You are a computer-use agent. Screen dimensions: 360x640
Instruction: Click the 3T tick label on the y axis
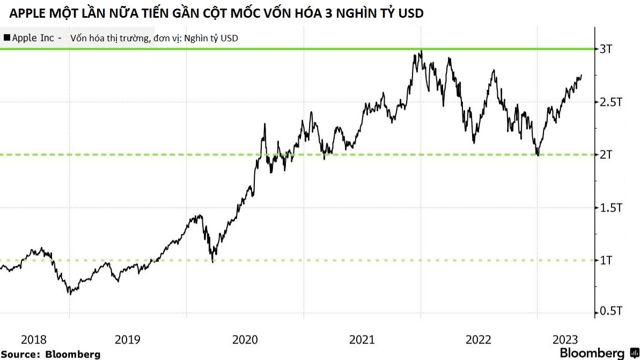[606, 49]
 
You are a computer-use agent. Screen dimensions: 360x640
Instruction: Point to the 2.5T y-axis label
[610, 102]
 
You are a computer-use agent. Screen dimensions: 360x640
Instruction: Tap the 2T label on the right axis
[606, 155]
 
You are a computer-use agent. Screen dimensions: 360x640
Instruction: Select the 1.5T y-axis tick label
[610, 208]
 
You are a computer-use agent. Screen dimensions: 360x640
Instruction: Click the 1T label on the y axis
[606, 261]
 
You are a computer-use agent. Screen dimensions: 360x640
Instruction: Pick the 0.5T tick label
[610, 312]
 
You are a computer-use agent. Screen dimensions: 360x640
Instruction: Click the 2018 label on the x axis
[34, 340]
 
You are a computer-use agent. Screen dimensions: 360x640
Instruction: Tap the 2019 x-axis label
[128, 340]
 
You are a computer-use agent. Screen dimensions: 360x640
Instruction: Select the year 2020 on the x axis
[245, 340]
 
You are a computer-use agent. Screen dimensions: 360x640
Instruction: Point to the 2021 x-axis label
[362, 340]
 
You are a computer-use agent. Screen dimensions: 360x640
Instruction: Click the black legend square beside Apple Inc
[6, 38]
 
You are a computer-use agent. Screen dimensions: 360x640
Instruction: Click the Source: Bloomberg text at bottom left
[50, 354]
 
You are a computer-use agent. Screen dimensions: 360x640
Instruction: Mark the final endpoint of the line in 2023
[582, 75]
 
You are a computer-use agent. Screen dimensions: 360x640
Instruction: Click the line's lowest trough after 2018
[69, 293]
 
